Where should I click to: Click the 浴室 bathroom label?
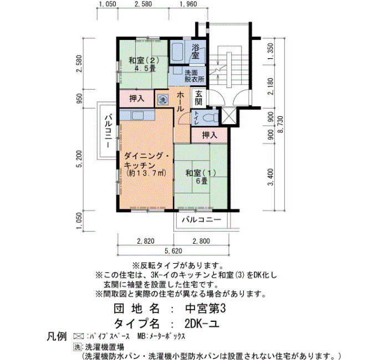click(196, 51)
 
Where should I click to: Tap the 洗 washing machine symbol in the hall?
click(162, 100)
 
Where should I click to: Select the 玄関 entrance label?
click(198, 97)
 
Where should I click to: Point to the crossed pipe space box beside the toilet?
click(229, 116)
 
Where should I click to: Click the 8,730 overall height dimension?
click(280, 124)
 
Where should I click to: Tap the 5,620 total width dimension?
click(173, 251)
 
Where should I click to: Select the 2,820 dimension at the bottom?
click(145, 241)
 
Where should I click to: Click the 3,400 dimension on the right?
click(270, 177)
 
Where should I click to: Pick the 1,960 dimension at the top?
click(188, 4)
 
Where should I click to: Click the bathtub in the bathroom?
click(177, 52)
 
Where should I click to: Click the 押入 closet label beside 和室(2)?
click(136, 99)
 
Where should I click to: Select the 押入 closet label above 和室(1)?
click(210, 135)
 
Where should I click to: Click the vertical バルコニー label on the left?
click(108, 131)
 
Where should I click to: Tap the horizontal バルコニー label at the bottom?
click(201, 219)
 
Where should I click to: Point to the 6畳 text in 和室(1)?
click(202, 181)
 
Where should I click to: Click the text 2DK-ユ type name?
click(202, 323)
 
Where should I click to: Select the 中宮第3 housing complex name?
click(206, 308)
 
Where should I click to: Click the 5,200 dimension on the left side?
click(79, 159)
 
